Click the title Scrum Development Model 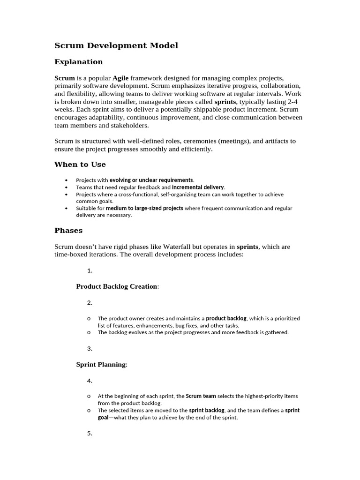116,45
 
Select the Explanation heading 78,62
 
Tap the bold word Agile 120,78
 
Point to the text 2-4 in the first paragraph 292,102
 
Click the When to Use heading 80,165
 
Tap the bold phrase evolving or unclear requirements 151,180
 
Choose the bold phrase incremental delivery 198,187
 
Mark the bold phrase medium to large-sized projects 144,208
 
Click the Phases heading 68,231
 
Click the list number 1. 90,271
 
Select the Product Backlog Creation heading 117,286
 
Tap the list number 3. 90,349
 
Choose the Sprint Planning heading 101,364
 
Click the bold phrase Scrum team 201,396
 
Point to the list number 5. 90,434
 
